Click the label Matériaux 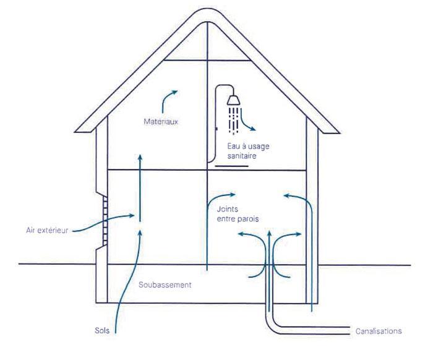[161, 122]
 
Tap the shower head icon [234, 99]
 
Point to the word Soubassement [165, 285]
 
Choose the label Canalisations [379, 331]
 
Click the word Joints [228, 209]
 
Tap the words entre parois [238, 219]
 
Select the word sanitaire [241, 157]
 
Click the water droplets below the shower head [234, 119]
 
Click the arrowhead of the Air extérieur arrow [132, 215]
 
